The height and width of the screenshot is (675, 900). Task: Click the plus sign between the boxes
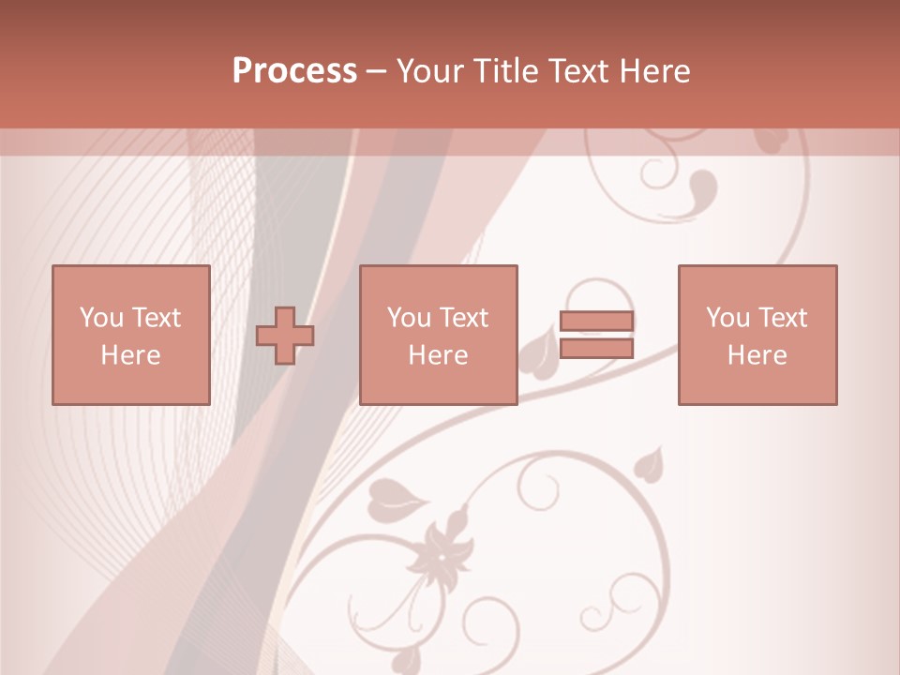pyautogui.click(x=286, y=336)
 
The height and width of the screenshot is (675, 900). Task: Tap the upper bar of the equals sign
pyautogui.click(x=596, y=322)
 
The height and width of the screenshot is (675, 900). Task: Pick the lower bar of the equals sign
pyautogui.click(x=596, y=348)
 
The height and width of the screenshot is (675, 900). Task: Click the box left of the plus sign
pyautogui.click(x=130, y=335)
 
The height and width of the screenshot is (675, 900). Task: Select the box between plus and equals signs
pyautogui.click(x=438, y=335)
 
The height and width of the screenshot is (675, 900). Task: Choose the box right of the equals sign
pyautogui.click(x=757, y=335)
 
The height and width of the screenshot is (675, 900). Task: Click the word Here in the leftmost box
pyautogui.click(x=130, y=355)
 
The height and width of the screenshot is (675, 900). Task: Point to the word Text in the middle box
pyautogui.click(x=465, y=318)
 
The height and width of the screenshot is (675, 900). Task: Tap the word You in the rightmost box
pyautogui.click(x=727, y=318)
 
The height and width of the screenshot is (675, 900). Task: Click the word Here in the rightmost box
pyautogui.click(x=757, y=355)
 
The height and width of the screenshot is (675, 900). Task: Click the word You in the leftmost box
pyautogui.click(x=100, y=318)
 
